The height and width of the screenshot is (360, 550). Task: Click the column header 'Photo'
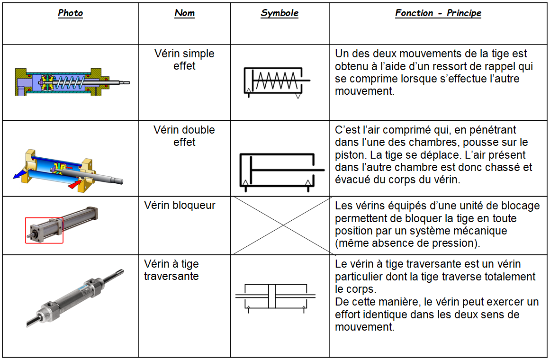[x=70, y=13]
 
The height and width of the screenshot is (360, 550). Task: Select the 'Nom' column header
[x=184, y=13]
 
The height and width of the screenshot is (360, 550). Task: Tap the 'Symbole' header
[x=280, y=13]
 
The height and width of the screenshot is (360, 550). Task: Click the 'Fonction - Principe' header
[x=438, y=13]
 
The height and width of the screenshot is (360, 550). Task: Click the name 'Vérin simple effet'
[x=184, y=60]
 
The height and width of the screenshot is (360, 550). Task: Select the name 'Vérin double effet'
[x=184, y=136]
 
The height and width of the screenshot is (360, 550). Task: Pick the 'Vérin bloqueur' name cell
[x=180, y=206]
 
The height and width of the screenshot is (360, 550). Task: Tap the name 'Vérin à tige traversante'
[x=171, y=270]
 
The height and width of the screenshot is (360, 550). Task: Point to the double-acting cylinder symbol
[x=280, y=171]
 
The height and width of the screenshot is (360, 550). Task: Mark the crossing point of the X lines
[x=283, y=225]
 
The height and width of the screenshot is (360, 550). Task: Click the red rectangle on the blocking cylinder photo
[x=44, y=231]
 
